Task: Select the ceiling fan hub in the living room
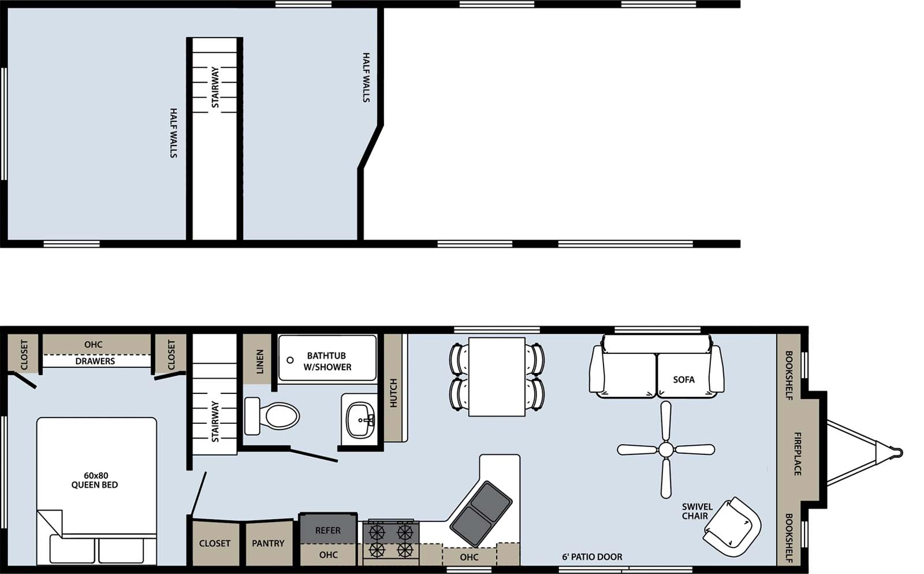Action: click(x=666, y=449)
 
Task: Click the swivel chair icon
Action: click(x=732, y=526)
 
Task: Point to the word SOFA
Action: click(x=684, y=379)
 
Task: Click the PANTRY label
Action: click(x=268, y=543)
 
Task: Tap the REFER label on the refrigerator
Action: click(x=327, y=530)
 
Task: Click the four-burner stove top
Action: click(x=391, y=539)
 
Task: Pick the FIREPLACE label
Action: click(x=798, y=454)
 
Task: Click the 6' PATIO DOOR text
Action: click(x=592, y=557)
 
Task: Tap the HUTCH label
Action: click(x=393, y=393)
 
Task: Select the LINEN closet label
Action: click(x=259, y=361)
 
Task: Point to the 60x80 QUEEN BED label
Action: click(x=95, y=480)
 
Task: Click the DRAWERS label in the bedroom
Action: click(x=95, y=361)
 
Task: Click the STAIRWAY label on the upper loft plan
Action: click(x=215, y=87)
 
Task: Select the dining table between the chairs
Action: click(x=497, y=377)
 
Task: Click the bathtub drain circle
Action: click(x=290, y=360)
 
